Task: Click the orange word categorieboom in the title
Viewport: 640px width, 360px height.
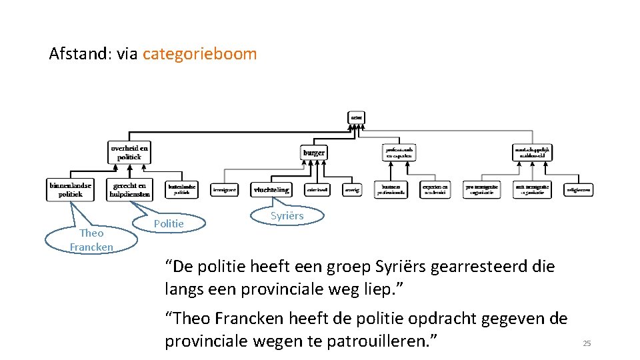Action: tap(199, 54)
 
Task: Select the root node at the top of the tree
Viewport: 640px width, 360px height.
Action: tap(357, 117)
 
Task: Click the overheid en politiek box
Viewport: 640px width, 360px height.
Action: tap(130, 152)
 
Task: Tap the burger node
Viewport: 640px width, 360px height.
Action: tap(314, 153)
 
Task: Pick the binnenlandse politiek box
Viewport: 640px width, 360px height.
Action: tap(70, 189)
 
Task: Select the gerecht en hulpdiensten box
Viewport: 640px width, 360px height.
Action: tap(131, 189)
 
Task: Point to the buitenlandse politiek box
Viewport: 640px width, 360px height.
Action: tap(182, 189)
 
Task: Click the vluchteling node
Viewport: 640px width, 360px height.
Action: tap(271, 190)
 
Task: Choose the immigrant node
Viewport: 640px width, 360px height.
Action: tap(225, 190)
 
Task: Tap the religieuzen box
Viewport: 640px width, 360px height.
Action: tap(579, 190)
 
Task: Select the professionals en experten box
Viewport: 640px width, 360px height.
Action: tap(399, 153)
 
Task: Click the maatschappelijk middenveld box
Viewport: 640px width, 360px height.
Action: tap(532, 153)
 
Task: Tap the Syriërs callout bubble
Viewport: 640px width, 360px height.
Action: tap(287, 215)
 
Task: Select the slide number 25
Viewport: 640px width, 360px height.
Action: tap(587, 343)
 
